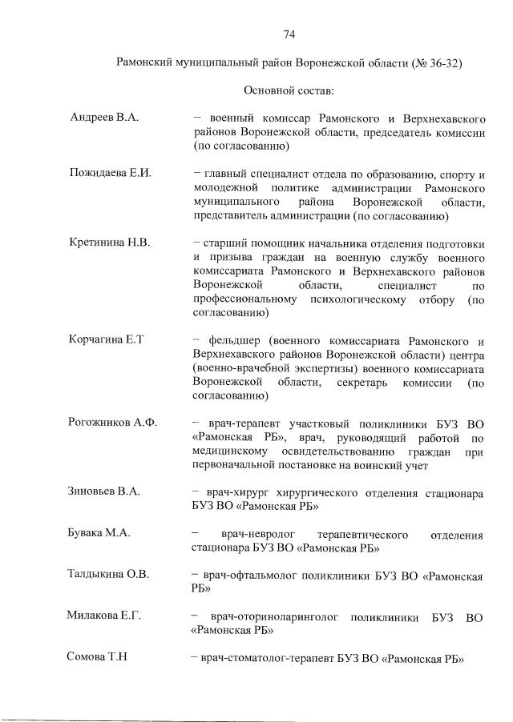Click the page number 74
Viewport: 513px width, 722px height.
coord(289,34)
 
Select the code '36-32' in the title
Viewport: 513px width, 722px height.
coord(442,62)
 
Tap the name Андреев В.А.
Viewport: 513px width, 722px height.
coord(104,118)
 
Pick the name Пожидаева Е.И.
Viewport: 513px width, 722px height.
coord(110,173)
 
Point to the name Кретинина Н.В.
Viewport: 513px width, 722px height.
coord(110,242)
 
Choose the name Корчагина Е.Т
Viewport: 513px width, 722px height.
coord(106,339)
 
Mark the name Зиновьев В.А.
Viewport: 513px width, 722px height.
coord(104,491)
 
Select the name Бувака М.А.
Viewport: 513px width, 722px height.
coord(100,533)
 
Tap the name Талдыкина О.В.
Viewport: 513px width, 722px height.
coord(109,574)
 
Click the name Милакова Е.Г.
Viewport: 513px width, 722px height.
coord(104,616)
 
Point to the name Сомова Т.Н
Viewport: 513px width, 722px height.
coord(98,657)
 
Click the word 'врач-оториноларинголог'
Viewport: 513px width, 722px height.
coord(277,616)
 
